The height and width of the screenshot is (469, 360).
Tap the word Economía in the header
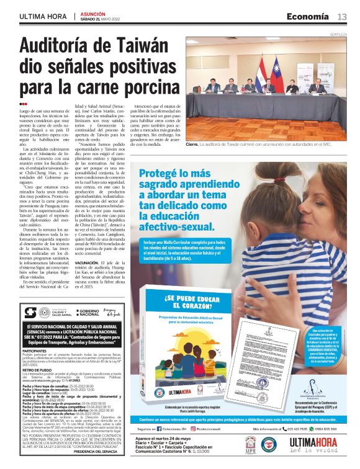pyautogui.click(x=313, y=17)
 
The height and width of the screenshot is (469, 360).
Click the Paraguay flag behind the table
pyautogui.click(x=261, y=67)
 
